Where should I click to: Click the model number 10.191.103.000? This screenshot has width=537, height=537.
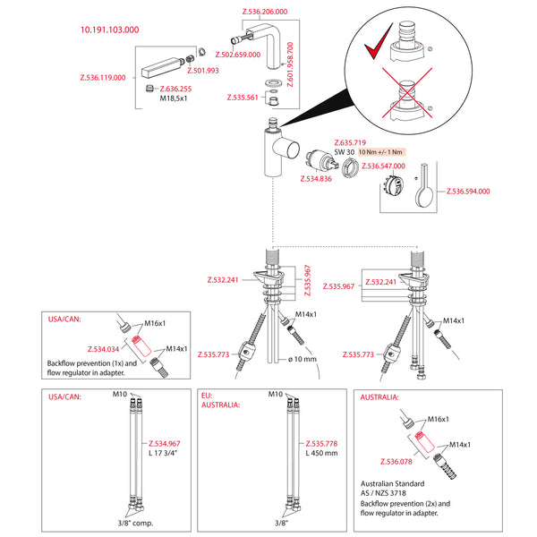109,30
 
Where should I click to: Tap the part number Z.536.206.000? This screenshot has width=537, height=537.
265,12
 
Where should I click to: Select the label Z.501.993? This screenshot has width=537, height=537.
203,71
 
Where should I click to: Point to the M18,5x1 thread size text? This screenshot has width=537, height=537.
174,98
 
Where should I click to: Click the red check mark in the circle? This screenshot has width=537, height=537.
378,41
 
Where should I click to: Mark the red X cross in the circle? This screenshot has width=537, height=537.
407,92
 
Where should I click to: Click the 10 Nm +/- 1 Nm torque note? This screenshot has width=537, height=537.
380,152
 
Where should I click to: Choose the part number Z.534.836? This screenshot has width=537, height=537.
316,179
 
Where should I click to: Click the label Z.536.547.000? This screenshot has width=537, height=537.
384,166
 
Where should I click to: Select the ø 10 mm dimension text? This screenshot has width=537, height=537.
303,359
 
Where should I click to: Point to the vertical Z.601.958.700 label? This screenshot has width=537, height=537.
290,64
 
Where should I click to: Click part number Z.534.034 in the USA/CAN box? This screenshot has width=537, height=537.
104,349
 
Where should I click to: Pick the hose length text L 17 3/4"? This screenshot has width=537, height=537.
163,453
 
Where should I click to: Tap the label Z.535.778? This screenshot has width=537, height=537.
321,444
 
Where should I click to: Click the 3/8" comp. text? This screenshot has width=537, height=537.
136,524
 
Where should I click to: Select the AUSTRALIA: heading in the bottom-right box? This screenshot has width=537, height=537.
379,397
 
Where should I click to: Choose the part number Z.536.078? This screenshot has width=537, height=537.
396,462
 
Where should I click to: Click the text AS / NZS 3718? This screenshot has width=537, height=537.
383,493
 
